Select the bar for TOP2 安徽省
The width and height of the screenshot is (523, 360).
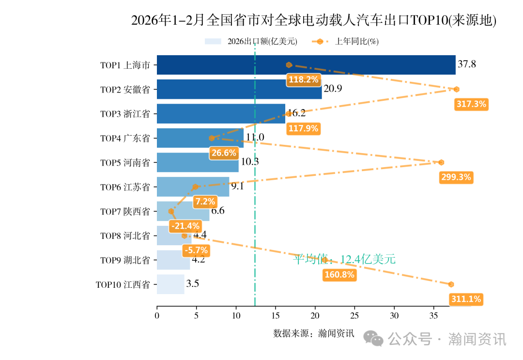(239, 89)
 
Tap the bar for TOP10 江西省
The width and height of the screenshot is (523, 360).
(170, 284)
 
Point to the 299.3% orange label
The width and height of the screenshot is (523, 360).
(456, 177)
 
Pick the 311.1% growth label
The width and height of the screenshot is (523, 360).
(466, 299)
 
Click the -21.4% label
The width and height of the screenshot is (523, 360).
(185, 226)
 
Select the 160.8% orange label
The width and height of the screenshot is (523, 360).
(339, 275)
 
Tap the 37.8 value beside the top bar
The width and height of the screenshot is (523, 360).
(467, 64)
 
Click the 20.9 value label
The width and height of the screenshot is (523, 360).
(333, 89)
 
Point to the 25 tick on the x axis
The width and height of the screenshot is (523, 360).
(354, 316)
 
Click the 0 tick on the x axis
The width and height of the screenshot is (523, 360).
(157, 316)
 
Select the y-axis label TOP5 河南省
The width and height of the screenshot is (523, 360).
(125, 163)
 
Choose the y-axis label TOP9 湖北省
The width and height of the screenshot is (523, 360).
(125, 260)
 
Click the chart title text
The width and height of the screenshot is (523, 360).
(314, 20)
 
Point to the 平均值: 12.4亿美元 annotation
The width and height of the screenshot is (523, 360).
(344, 259)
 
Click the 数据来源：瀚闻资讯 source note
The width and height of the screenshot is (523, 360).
(314, 333)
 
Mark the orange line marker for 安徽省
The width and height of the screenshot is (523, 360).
(456, 89)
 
